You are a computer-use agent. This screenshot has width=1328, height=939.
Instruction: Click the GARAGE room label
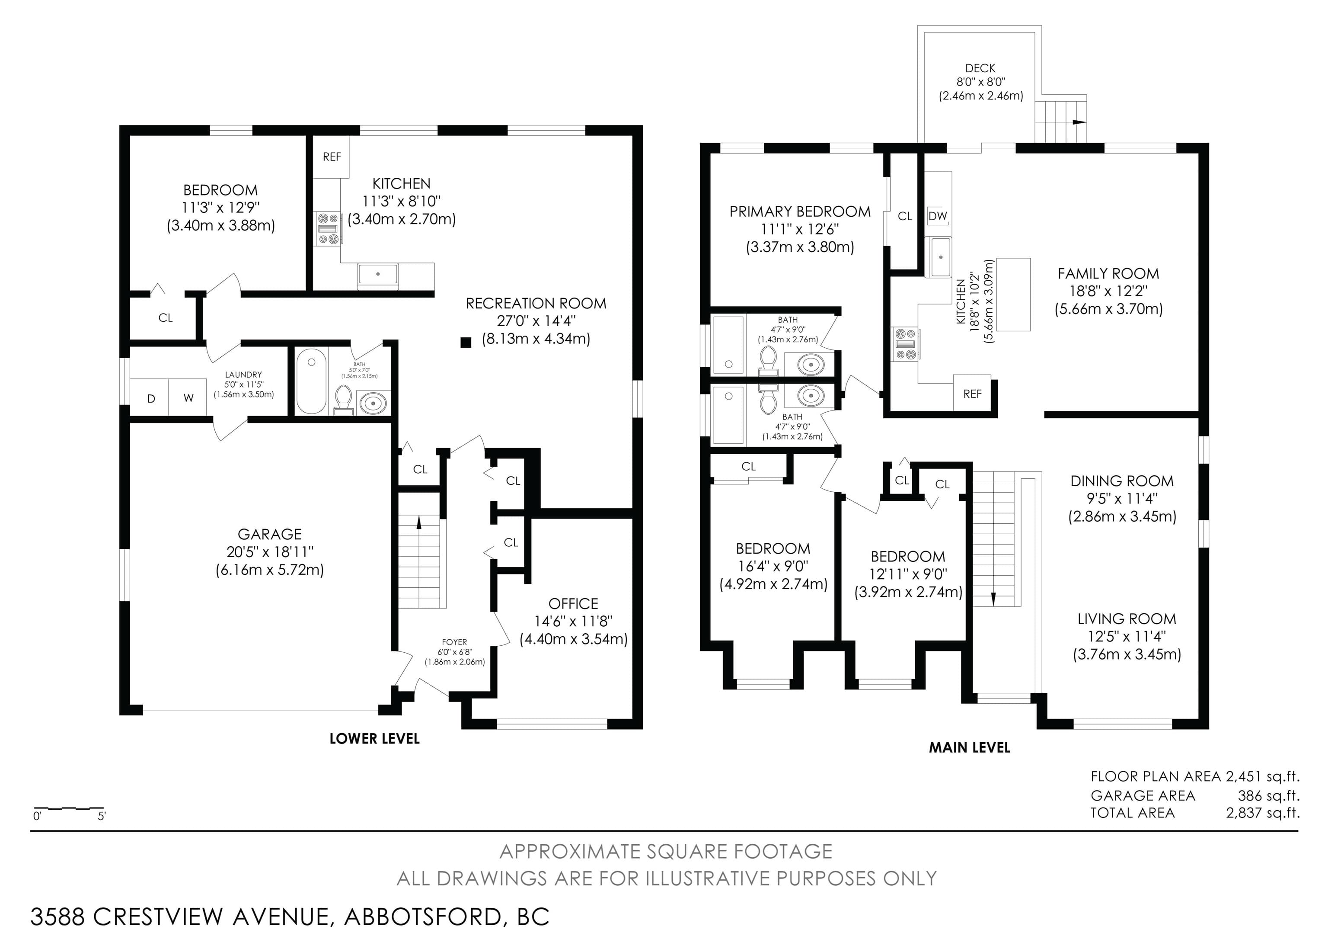[x=269, y=534]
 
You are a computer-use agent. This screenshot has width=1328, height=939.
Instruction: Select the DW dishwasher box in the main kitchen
[x=938, y=216]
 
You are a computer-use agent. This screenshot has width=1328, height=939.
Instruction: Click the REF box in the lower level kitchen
[x=332, y=157]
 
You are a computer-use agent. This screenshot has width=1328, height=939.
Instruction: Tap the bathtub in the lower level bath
[x=311, y=381]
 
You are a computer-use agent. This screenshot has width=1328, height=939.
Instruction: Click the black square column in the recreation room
[x=466, y=343]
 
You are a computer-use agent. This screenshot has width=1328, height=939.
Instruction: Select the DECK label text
[x=980, y=68]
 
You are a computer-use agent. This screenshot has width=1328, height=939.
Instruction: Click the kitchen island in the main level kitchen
[x=1013, y=295]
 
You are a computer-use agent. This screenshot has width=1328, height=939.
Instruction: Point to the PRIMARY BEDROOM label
[x=800, y=212]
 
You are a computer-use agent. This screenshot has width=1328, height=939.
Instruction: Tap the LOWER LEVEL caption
[x=375, y=739]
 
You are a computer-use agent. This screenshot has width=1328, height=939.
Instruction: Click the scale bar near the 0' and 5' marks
[x=69, y=808]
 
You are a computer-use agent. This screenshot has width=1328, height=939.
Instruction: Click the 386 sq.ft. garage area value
[x=1268, y=795]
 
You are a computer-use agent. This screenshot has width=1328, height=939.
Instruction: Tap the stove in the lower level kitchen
[x=328, y=228]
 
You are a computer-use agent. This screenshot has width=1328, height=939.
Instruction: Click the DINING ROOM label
[x=1122, y=481]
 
